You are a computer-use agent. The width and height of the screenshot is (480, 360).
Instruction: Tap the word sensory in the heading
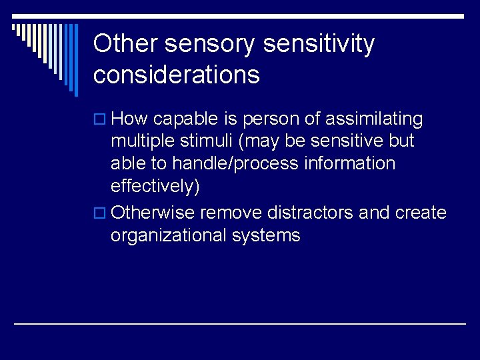pos(210,45)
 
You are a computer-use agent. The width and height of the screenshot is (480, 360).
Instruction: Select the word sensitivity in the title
pos(319,45)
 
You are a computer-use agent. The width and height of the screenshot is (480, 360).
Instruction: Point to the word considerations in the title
pos(177,75)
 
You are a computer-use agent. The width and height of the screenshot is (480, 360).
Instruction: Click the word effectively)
pos(155,187)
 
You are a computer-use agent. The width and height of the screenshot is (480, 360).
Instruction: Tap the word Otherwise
pos(153,213)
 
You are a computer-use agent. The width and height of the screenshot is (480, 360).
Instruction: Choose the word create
pos(421,213)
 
